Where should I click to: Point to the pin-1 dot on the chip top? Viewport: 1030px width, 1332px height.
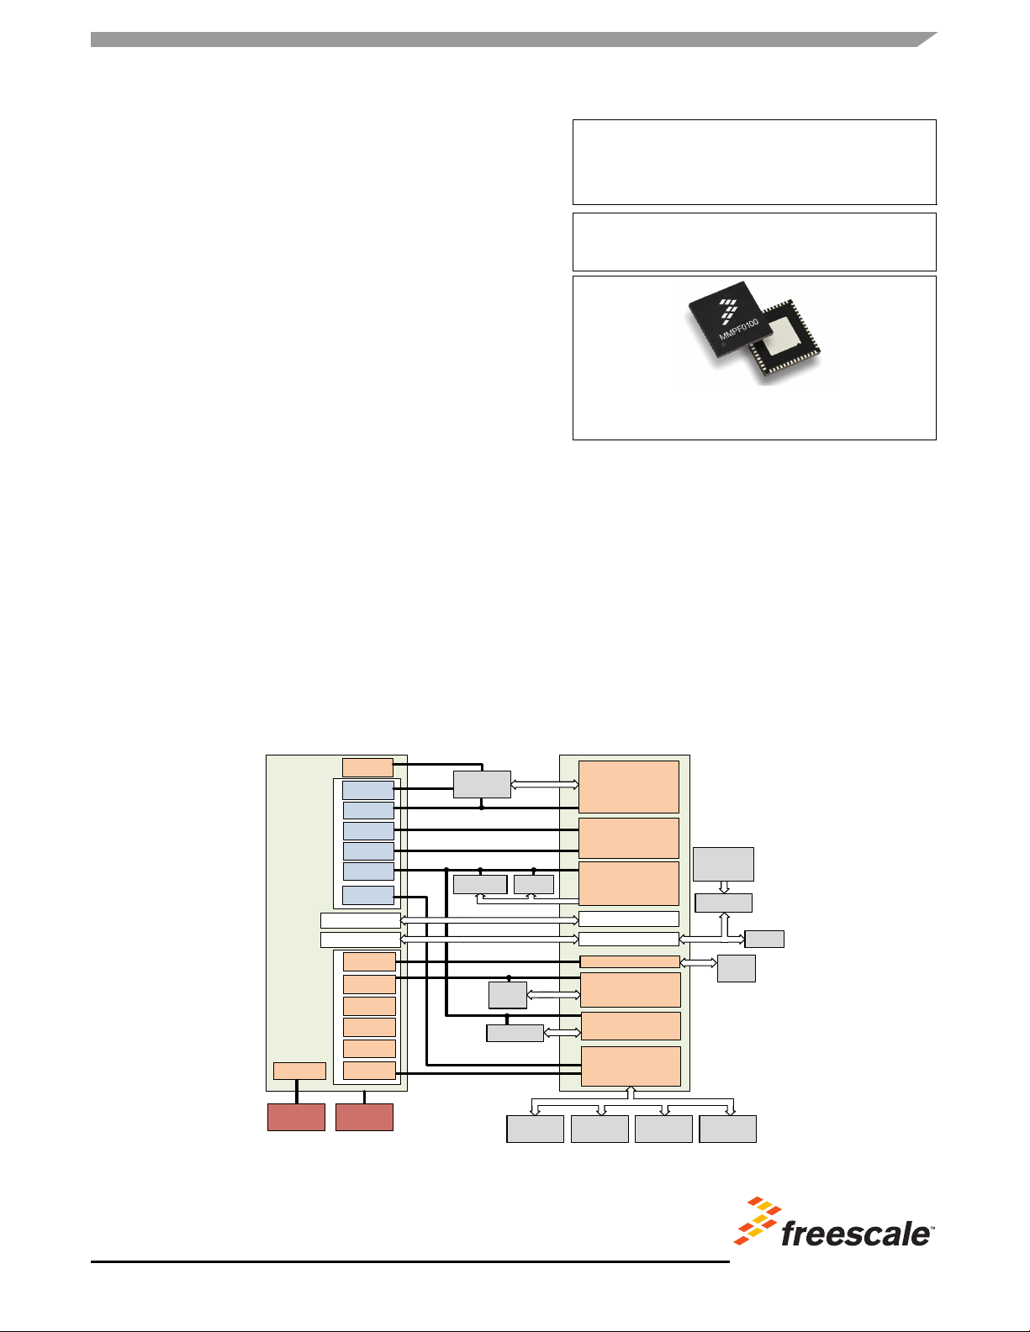(x=723, y=345)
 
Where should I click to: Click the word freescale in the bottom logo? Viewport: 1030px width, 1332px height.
(x=854, y=1234)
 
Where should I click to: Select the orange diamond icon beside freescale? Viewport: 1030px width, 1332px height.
(x=758, y=1221)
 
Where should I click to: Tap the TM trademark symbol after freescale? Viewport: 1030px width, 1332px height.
(x=932, y=1228)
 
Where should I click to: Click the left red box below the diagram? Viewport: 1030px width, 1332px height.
(x=296, y=1117)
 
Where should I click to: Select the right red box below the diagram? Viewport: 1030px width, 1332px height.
(x=364, y=1117)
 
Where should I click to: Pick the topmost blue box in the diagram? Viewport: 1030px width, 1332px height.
(x=368, y=790)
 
